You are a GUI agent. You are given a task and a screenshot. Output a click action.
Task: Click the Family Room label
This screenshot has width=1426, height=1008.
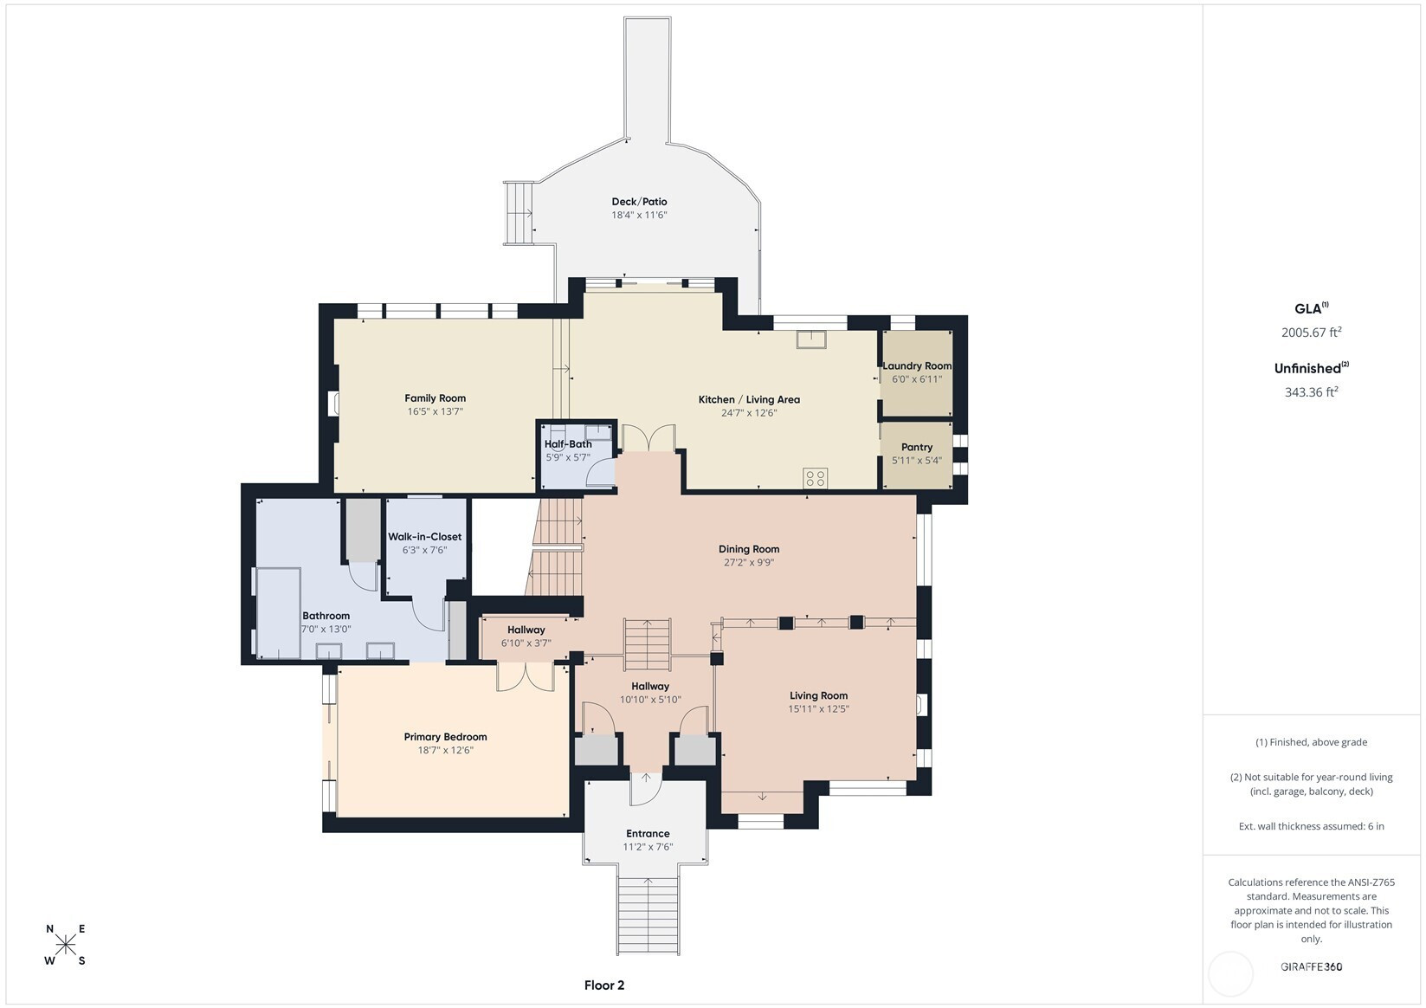point(435,398)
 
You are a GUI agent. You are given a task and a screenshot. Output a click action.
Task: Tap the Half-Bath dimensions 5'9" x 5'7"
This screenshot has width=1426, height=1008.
point(568,457)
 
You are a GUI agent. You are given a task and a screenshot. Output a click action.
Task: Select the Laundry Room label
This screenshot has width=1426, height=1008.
point(917,365)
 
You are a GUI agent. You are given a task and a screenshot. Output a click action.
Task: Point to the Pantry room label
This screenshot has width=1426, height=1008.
point(917,447)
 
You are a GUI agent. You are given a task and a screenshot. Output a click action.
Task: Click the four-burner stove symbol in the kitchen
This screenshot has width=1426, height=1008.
point(816,477)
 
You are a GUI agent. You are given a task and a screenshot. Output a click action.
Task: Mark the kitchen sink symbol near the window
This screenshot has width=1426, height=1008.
point(811,339)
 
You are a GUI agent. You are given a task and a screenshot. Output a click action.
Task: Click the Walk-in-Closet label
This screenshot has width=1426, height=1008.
point(424,536)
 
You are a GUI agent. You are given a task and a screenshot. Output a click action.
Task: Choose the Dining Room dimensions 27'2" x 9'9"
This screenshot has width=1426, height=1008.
point(749,562)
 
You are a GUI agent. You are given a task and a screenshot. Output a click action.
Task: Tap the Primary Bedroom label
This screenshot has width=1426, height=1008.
point(445,737)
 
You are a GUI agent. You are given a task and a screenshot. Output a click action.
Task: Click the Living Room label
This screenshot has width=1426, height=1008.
point(819,695)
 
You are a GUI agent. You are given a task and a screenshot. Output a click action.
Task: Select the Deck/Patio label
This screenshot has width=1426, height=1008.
point(639,201)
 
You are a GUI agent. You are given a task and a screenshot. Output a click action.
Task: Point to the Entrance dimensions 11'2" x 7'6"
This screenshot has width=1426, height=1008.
point(648,847)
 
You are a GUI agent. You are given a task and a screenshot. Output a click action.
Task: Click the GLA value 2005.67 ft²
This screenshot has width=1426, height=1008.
point(1312,332)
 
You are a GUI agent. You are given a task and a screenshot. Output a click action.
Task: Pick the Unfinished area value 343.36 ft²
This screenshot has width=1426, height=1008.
point(1312,391)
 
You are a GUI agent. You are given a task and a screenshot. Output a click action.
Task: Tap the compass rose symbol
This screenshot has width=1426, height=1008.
point(66,944)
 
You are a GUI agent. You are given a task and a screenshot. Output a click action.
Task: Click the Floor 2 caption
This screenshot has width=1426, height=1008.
point(604,985)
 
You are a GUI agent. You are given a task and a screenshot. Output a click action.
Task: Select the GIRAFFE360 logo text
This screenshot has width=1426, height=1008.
point(1312,966)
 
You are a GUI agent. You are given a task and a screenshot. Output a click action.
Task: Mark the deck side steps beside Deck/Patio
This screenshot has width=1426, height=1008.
point(519,213)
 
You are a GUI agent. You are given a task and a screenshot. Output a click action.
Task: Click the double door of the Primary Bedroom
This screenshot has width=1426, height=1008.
point(526,677)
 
